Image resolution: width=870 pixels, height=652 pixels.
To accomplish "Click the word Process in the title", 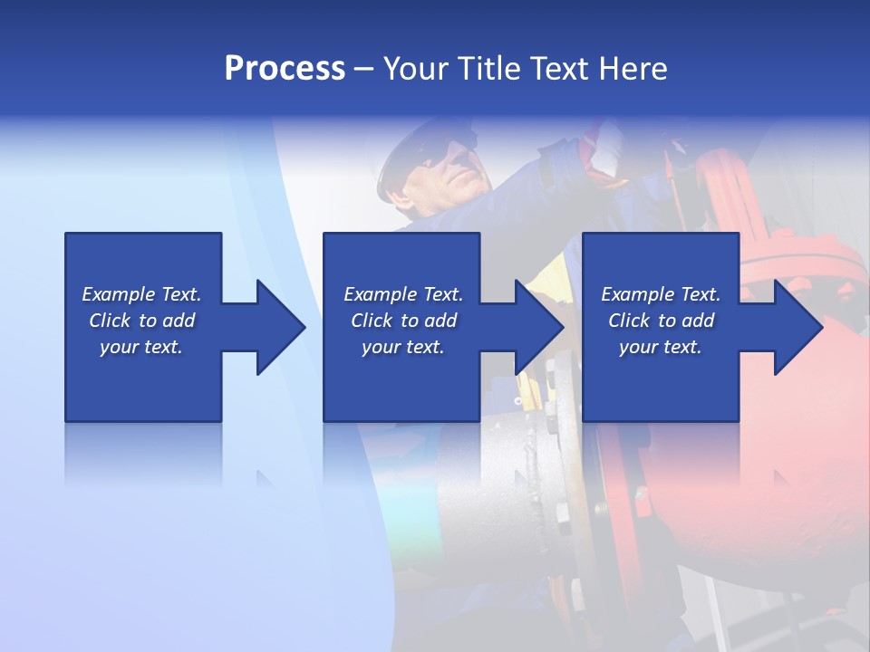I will tap(285, 69).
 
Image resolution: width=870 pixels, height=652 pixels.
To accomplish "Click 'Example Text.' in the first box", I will tap(141, 294).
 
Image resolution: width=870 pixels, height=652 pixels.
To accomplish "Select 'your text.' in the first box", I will tap(141, 347).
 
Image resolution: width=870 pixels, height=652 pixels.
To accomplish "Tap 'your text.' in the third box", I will tap(661, 347).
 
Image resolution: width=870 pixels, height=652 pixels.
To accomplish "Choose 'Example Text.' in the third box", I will tap(661, 294).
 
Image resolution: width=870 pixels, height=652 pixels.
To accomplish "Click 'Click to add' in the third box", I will tap(661, 321).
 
